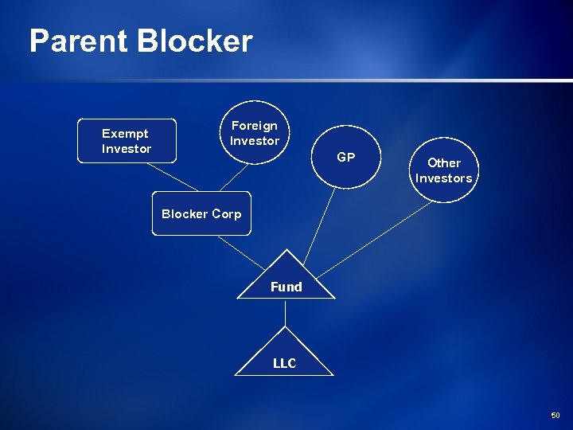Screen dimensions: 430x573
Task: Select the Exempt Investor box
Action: [126, 140]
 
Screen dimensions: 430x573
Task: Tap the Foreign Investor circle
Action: [255, 133]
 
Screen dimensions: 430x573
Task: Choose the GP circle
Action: [345, 157]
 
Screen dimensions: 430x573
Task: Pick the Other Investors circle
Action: [443, 170]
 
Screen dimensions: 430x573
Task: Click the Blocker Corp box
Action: [201, 213]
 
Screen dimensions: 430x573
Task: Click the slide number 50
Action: [555, 415]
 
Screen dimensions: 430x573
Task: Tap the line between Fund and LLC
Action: [286, 313]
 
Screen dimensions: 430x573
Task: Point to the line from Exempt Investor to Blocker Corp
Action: [162, 177]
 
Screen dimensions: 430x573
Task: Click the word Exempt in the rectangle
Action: [125, 133]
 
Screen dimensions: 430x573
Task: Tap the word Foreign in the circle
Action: [255, 125]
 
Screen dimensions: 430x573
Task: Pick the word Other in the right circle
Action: [443, 162]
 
